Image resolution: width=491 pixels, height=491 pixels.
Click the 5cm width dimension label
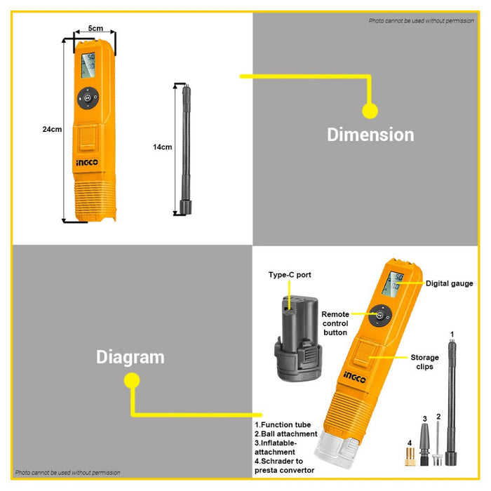click(x=95, y=29)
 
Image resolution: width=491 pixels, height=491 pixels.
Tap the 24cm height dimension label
click(x=52, y=129)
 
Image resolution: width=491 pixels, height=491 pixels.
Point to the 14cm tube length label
click(x=163, y=147)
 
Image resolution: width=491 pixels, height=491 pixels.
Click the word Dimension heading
click(x=370, y=135)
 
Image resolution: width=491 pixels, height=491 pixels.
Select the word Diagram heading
click(x=130, y=357)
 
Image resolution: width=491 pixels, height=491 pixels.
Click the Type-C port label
click(x=290, y=275)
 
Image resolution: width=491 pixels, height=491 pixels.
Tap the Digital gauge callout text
click(x=450, y=283)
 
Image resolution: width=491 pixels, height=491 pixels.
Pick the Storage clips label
click(x=424, y=362)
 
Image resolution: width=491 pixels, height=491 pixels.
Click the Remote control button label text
click(x=335, y=323)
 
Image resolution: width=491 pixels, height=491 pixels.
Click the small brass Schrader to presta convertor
click(x=410, y=457)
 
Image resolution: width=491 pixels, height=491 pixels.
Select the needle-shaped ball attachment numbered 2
click(x=438, y=444)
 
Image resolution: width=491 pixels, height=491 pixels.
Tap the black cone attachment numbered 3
click(x=424, y=445)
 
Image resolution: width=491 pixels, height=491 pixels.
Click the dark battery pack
click(x=298, y=339)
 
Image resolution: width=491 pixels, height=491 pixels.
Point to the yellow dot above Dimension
click(x=370, y=111)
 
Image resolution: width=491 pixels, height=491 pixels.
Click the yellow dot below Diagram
click(x=132, y=380)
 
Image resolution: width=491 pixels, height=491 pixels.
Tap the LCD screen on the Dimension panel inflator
click(x=88, y=65)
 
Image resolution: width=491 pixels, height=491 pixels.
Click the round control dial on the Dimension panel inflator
click(x=88, y=98)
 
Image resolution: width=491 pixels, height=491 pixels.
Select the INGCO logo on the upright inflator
click(x=87, y=163)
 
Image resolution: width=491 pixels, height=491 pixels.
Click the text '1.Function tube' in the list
click(x=283, y=425)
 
